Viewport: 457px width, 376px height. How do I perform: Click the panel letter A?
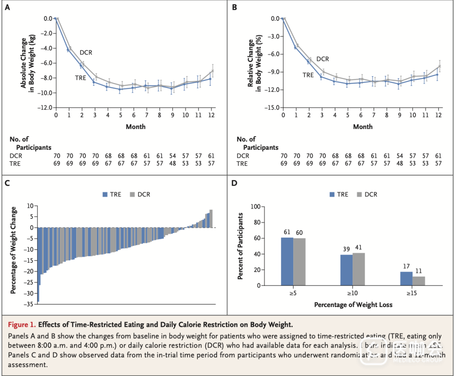tap(7, 7)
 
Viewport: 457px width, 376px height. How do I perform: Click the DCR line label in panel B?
tap(322, 59)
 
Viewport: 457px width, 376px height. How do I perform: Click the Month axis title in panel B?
tap(363, 126)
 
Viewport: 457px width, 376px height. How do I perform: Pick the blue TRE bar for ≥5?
tap(287, 261)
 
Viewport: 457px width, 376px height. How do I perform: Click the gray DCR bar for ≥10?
tap(358, 269)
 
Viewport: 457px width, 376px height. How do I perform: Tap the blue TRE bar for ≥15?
tap(406, 278)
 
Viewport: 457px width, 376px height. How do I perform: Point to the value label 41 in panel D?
tap(359, 247)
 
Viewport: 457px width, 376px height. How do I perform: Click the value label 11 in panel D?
tap(418, 272)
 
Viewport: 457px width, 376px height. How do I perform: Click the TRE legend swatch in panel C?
tap(105, 195)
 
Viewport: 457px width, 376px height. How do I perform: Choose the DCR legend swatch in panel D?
tap(361, 195)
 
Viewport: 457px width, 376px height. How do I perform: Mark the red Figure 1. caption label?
tap(22, 325)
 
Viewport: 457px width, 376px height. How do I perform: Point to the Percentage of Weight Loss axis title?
tap(353, 305)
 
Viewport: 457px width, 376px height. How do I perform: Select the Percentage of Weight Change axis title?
tap(14, 250)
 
